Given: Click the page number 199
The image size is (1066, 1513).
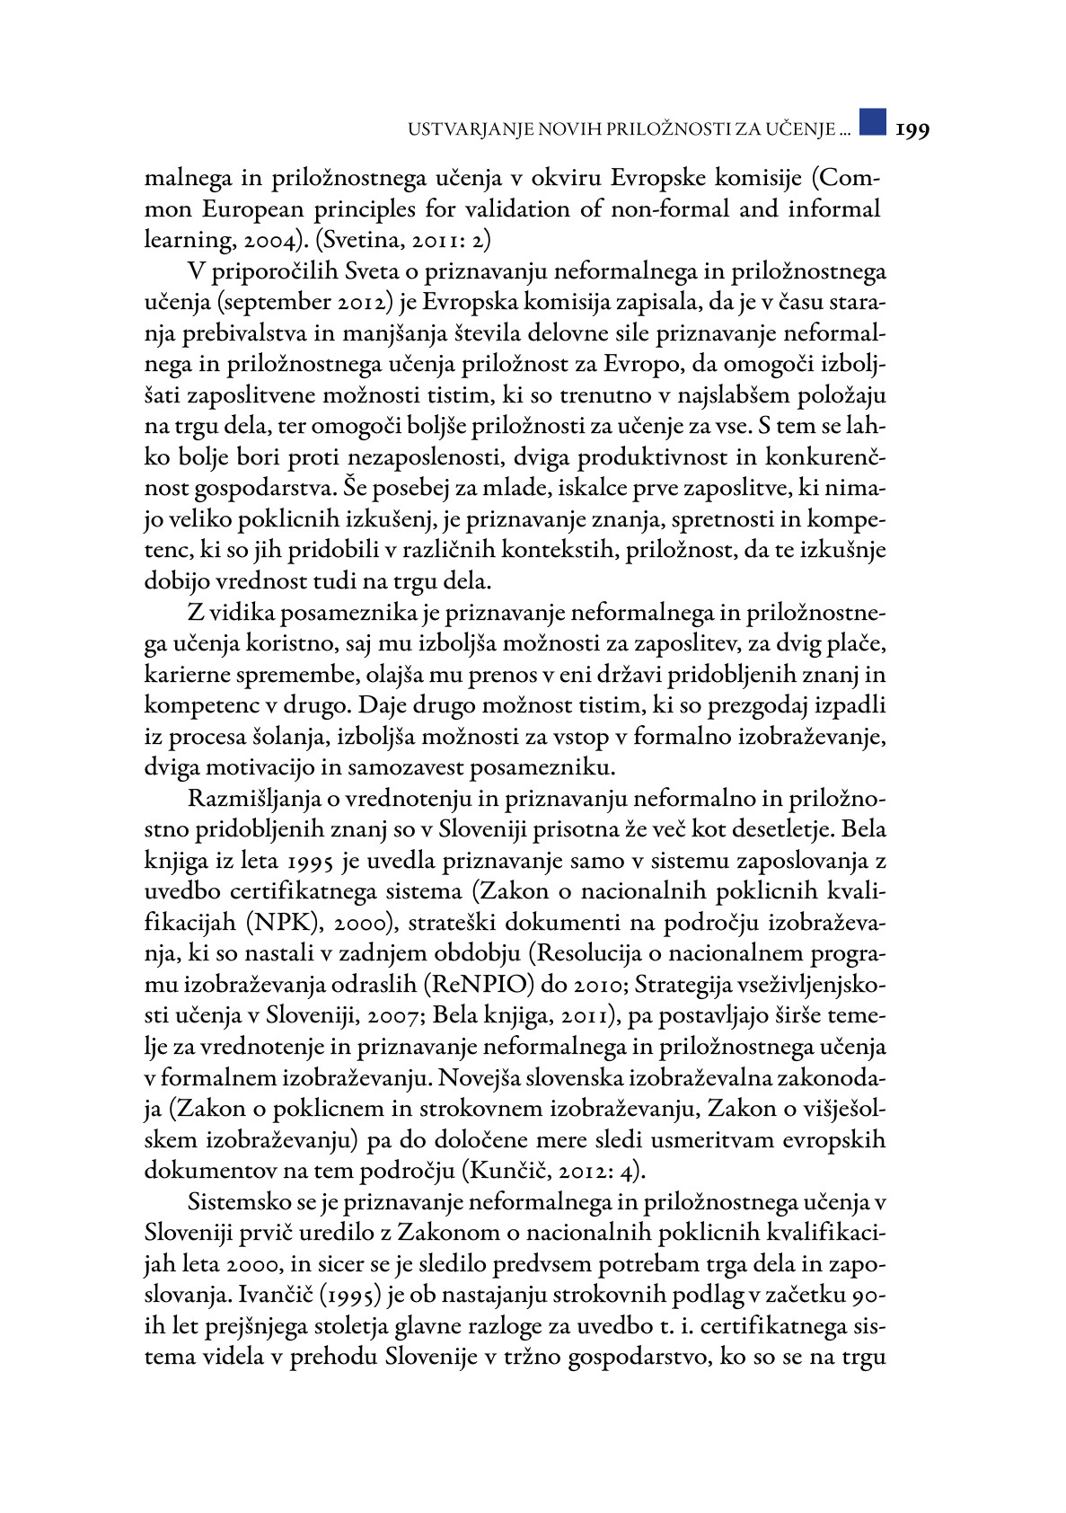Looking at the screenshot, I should [x=912, y=130].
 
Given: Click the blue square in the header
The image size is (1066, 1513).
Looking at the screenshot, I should [x=872, y=122].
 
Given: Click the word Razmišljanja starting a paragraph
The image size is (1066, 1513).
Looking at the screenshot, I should [x=254, y=800].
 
